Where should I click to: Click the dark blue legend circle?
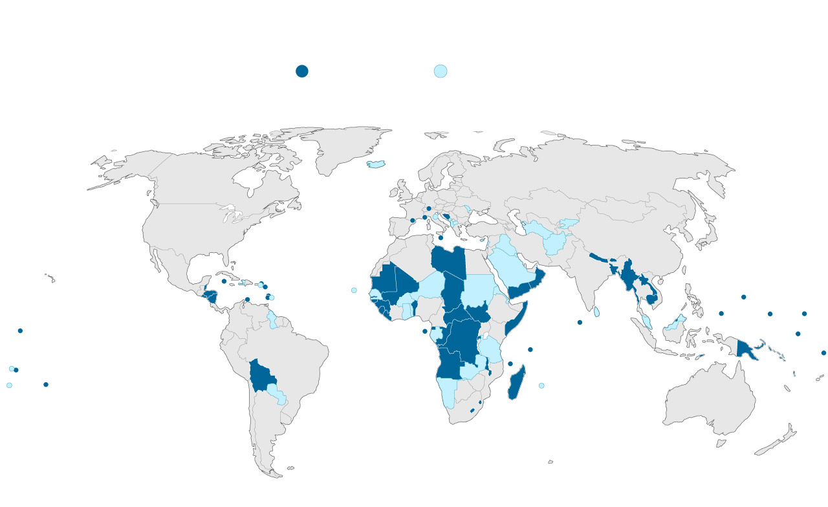click(x=301, y=71)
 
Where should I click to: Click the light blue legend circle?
click(x=441, y=71)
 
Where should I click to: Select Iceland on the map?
click(x=376, y=164)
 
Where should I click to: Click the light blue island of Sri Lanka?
click(x=598, y=312)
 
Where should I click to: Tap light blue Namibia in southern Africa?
click(x=446, y=391)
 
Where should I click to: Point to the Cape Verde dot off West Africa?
click(x=354, y=290)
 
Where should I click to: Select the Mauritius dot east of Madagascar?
click(x=541, y=385)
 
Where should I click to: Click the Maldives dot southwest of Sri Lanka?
click(x=580, y=322)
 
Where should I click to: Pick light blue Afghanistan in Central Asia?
click(x=556, y=243)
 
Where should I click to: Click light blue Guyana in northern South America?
click(x=273, y=319)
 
